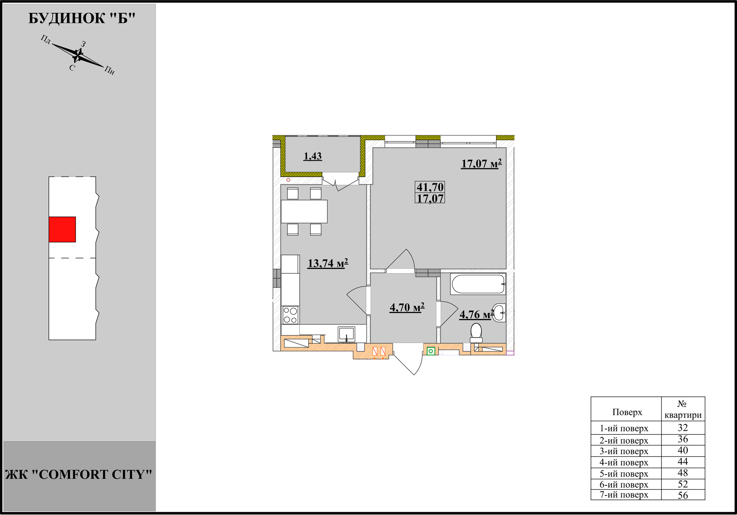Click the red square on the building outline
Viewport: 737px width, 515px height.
click(x=62, y=230)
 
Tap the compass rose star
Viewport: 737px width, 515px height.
click(x=78, y=55)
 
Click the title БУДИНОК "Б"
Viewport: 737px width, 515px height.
click(x=82, y=18)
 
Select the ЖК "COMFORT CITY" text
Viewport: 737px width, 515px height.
click(x=78, y=474)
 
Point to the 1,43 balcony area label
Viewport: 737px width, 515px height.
click(x=312, y=156)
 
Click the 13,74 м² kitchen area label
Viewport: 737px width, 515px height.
click(x=328, y=263)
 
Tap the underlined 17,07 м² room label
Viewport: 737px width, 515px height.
click(x=482, y=164)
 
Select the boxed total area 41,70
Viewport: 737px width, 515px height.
click(x=430, y=187)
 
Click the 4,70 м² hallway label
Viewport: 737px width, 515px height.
click(x=407, y=307)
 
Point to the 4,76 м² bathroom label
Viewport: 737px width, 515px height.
click(x=477, y=315)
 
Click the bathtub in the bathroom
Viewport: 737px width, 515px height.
click(x=478, y=284)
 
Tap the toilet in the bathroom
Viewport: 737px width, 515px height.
click(x=476, y=333)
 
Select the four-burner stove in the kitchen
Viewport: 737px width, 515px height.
click(x=290, y=315)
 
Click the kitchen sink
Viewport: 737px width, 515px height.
click(x=346, y=334)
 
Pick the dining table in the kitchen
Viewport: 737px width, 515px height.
click(x=304, y=211)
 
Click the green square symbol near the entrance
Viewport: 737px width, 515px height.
click(x=430, y=351)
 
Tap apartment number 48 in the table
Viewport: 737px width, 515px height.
click(x=683, y=473)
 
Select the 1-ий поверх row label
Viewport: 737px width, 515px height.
click(x=624, y=428)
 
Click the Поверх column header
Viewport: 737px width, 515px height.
click(x=627, y=412)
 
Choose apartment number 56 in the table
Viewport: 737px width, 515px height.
click(x=683, y=495)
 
